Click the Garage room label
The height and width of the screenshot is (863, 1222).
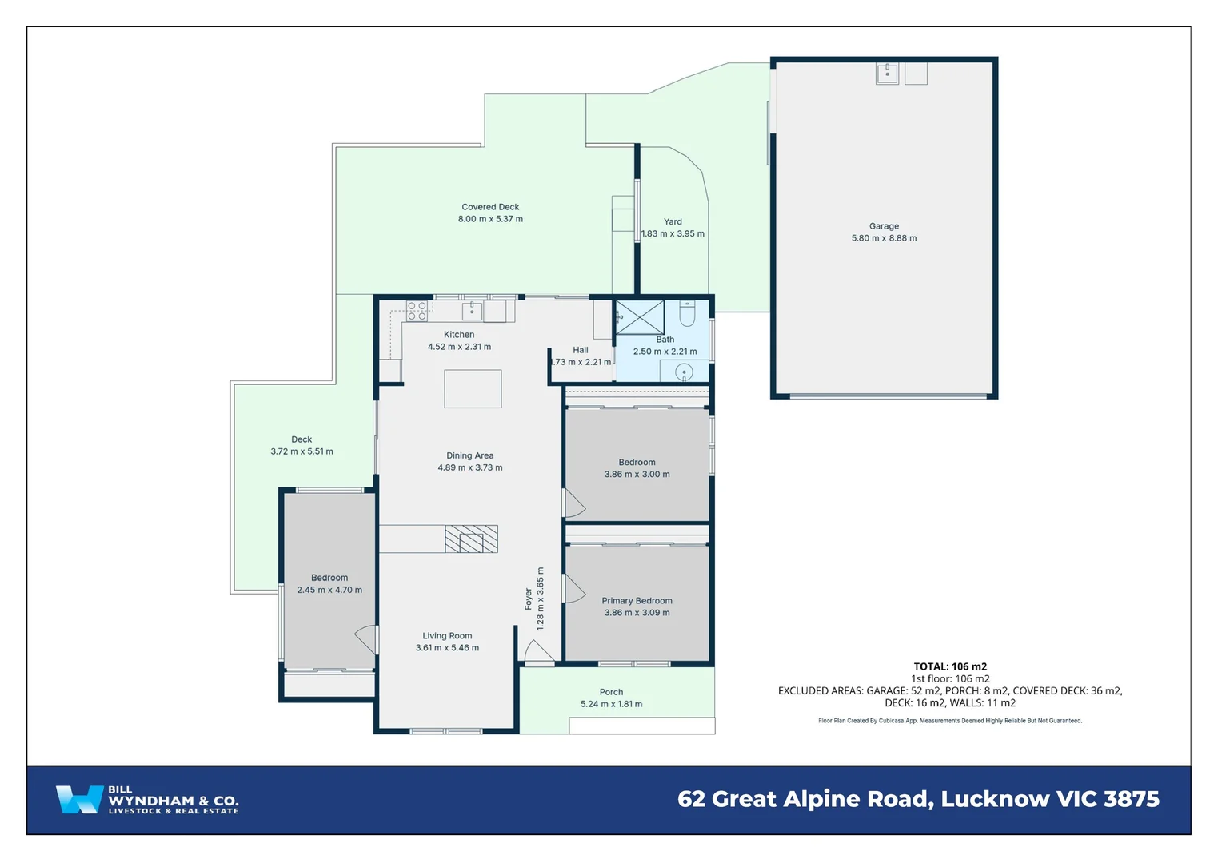[x=884, y=226]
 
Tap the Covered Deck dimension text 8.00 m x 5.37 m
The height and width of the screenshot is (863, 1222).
[x=490, y=219]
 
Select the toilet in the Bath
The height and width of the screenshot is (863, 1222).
[x=687, y=313]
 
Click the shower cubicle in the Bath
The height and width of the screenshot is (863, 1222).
[x=640, y=317]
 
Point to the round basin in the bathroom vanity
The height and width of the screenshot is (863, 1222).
[x=684, y=372]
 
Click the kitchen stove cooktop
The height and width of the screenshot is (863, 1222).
[x=417, y=311]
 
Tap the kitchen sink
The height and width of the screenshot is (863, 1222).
[x=472, y=310]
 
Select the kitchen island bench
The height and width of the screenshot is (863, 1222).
[x=473, y=389]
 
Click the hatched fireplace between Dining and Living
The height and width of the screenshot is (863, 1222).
[x=471, y=539]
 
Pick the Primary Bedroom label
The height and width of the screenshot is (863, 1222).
[x=637, y=601]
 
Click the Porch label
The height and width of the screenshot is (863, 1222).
[x=611, y=692]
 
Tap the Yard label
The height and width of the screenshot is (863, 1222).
[x=673, y=221]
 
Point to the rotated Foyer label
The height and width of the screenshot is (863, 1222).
[x=529, y=599]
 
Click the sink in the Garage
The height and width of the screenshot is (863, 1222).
[x=887, y=74]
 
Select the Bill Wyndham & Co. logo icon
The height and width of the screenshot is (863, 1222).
[x=78, y=799]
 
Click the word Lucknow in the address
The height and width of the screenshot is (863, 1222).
[x=995, y=799]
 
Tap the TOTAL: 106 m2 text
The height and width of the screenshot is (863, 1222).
[x=950, y=666]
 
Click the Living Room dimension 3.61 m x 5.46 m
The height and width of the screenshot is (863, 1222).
[x=447, y=648]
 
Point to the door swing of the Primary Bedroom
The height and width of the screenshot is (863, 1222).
[x=574, y=589]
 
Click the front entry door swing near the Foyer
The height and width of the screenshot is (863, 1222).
[x=537, y=651]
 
